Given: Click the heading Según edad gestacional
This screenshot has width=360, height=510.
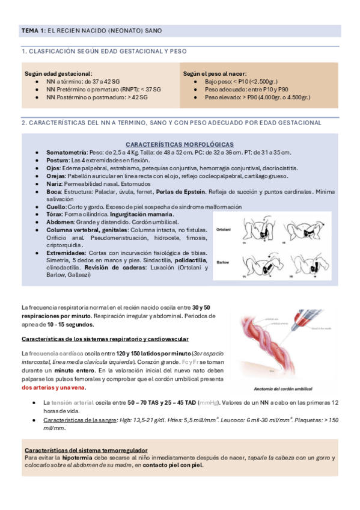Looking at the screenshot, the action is tap(58, 73).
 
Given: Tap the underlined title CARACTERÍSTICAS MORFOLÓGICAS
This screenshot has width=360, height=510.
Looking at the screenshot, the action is tap(179, 144).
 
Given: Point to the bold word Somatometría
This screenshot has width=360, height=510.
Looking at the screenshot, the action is tap(66, 152).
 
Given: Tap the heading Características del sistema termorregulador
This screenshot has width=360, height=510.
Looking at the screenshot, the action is tap(87, 449).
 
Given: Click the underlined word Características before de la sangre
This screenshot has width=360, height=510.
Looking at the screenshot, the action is tap(64, 419).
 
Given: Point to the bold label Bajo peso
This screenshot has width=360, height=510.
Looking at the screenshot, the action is tap(219, 81).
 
